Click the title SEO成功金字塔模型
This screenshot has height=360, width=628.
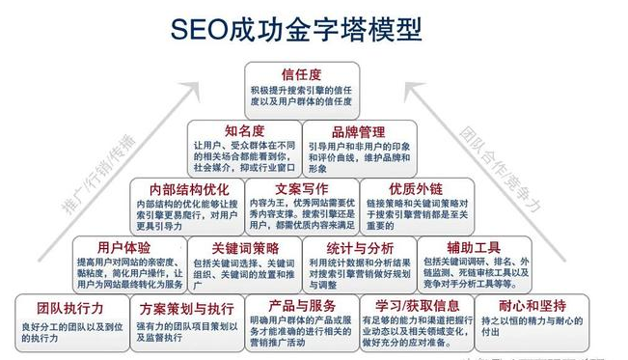299,28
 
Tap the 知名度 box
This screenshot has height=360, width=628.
241,145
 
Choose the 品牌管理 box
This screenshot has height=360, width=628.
358,145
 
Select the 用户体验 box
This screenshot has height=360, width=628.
125,263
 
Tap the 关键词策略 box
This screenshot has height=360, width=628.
241,263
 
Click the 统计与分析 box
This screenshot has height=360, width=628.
358,263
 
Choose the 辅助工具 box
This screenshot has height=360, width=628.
475,263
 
